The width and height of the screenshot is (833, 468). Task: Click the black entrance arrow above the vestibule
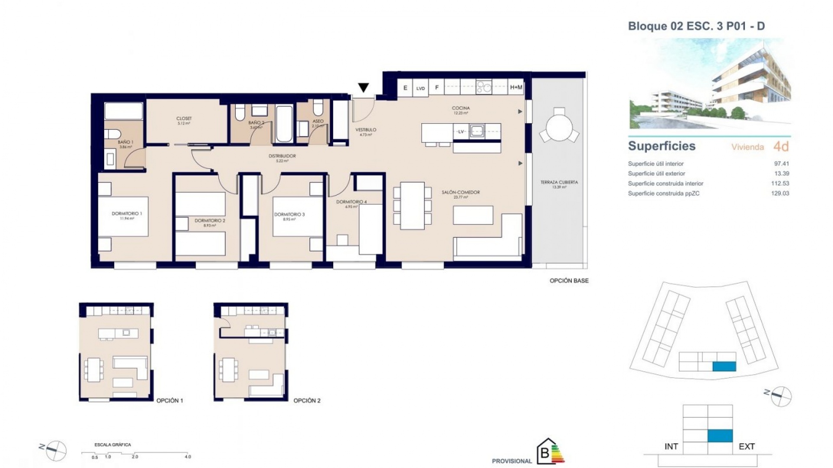click(363, 88)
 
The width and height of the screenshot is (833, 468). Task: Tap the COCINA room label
click(460, 108)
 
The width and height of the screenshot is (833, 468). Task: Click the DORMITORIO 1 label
click(127, 214)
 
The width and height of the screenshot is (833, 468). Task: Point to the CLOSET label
click(184, 118)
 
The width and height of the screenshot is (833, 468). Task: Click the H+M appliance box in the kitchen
click(516, 88)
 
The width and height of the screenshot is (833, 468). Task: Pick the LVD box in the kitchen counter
click(420, 88)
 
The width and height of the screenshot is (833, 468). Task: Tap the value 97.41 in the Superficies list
click(781, 164)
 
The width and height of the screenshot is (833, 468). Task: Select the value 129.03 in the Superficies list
click(780, 194)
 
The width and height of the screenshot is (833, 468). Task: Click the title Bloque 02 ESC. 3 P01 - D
click(696, 26)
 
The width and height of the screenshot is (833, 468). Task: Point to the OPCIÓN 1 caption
click(170, 401)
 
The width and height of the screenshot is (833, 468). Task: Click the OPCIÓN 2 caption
click(307, 401)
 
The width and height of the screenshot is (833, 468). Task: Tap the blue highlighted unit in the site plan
click(724, 367)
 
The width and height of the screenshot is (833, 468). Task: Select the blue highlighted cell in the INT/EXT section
click(720, 435)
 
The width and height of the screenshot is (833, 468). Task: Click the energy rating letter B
click(544, 454)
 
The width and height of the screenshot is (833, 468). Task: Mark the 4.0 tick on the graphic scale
click(187, 456)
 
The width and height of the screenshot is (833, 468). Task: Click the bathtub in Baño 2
click(284, 123)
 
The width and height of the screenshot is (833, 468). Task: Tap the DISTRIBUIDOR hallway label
click(282, 156)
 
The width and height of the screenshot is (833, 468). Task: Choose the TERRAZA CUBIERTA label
click(559, 182)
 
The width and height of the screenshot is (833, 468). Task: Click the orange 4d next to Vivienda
click(781, 146)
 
